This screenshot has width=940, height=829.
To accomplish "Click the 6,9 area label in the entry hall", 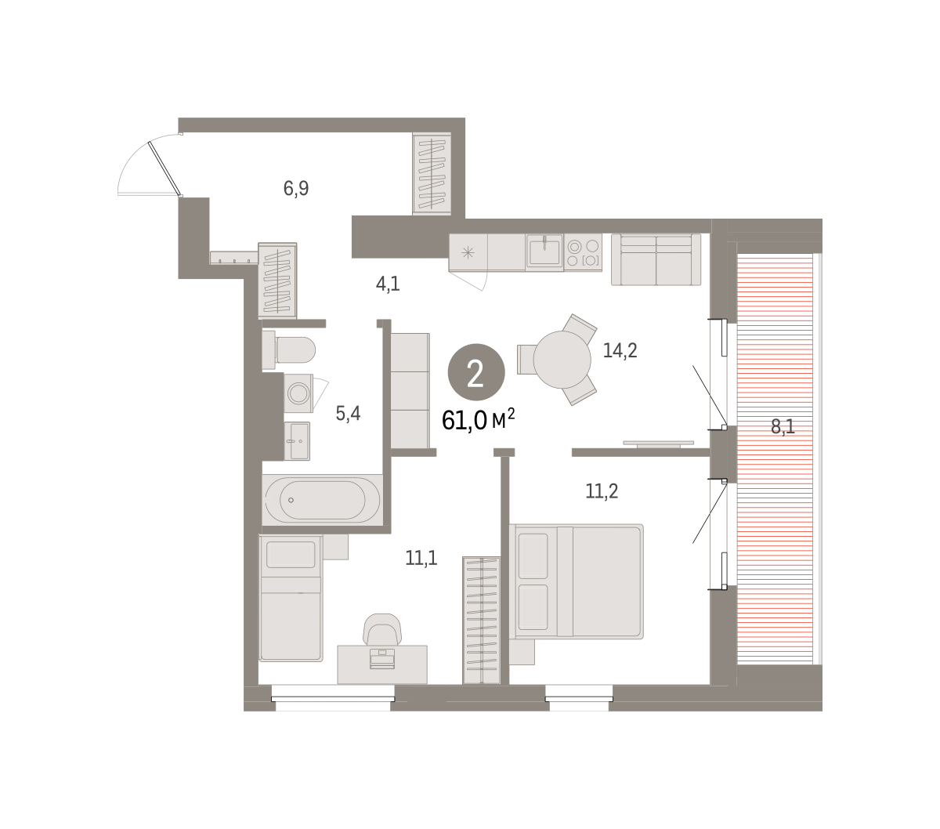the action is click(295, 189).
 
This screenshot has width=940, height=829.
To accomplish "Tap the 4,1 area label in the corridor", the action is click(388, 284).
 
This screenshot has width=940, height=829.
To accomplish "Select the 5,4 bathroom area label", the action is click(348, 413).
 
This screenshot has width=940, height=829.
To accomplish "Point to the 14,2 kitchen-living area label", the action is click(620, 350).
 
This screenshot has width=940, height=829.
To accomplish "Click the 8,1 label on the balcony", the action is click(783, 426).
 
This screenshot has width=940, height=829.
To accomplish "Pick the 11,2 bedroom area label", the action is click(602, 491).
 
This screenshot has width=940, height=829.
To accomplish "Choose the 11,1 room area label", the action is click(421, 558).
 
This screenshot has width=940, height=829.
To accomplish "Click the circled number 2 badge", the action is click(476, 372).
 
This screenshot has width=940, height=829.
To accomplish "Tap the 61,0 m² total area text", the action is click(479, 421).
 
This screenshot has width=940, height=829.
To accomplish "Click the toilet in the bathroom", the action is click(288, 349).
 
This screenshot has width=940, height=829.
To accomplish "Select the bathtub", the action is click(323, 500).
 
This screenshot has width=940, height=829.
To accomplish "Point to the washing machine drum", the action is click(298, 393).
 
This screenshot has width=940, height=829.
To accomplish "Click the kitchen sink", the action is click(544, 252).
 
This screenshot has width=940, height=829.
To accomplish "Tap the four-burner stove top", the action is click(584, 252).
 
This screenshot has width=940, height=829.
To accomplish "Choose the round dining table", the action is click(562, 360).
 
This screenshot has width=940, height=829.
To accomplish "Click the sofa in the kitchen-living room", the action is click(656, 259).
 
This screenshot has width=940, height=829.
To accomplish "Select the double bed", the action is click(577, 581).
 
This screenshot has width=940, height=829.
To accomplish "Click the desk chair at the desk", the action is click(382, 629).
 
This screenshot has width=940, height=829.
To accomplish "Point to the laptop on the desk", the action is click(381, 659).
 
